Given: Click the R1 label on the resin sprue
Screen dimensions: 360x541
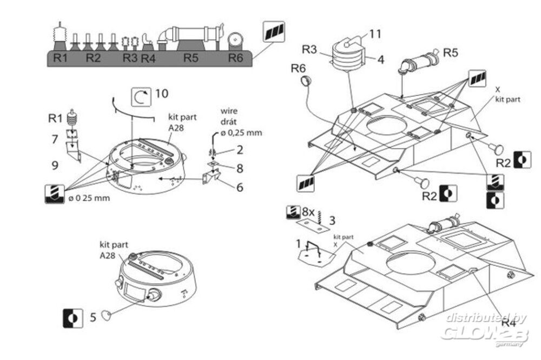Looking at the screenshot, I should point(61,58).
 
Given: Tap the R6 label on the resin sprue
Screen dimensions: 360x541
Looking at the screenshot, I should point(235,58).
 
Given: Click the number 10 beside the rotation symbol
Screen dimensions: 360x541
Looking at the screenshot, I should point(161,94).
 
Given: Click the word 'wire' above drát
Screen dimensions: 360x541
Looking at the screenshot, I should point(229,111).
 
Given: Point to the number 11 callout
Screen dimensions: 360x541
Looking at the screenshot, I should point(375,34).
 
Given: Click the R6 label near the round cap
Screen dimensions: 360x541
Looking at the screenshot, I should point(299,68).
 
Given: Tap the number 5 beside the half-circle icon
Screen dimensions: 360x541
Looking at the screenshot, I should point(93,317).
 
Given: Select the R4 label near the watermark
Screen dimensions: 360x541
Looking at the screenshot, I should point(508,323).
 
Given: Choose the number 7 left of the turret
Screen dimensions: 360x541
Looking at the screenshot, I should point(55,139).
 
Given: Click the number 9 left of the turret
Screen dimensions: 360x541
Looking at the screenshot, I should point(55,165).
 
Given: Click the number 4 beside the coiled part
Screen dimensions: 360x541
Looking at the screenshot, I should point(381,59).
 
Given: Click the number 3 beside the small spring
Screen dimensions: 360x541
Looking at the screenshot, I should point(332,220).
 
